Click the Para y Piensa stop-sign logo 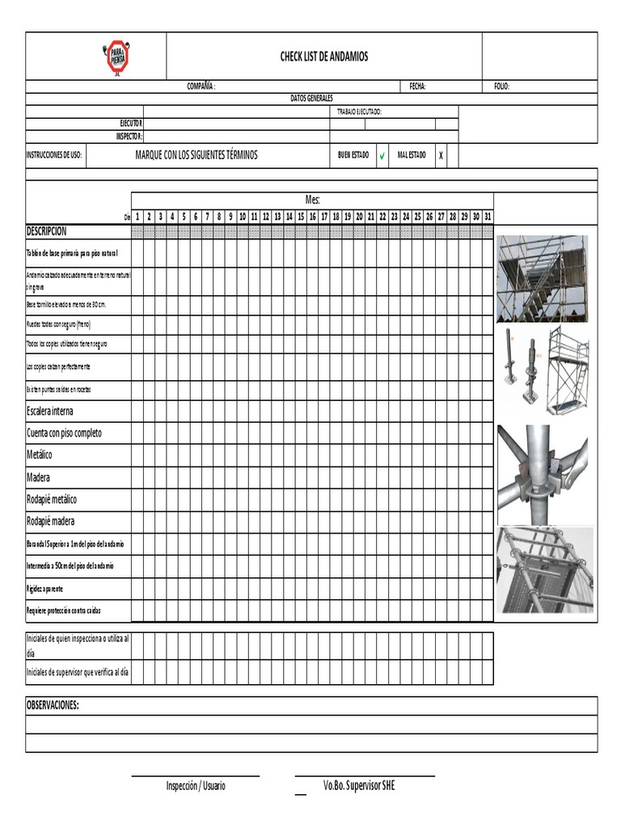pyautogui.click(x=117, y=57)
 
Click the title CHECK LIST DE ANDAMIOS pyautogui.click(x=323, y=57)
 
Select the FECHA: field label pyautogui.click(x=418, y=87)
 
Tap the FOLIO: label pyautogui.click(x=501, y=87)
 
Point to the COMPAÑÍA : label pyautogui.click(x=202, y=87)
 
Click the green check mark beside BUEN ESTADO pyautogui.click(x=382, y=155)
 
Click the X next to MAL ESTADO pyautogui.click(x=441, y=155)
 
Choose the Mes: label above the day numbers pyautogui.click(x=312, y=200)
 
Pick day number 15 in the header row pyautogui.click(x=301, y=217)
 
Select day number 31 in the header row pyautogui.click(x=487, y=217)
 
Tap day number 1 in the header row pyautogui.click(x=137, y=217)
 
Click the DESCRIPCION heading pyautogui.click(x=47, y=231)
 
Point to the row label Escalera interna pyautogui.click(x=50, y=411)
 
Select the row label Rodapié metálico pyautogui.click(x=52, y=499)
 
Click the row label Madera pyautogui.click(x=38, y=477)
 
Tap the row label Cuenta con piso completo pyautogui.click(x=64, y=433)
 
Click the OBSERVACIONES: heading pyautogui.click(x=53, y=705)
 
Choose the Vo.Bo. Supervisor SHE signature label pyautogui.click(x=359, y=786)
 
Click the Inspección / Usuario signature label pyautogui.click(x=196, y=786)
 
